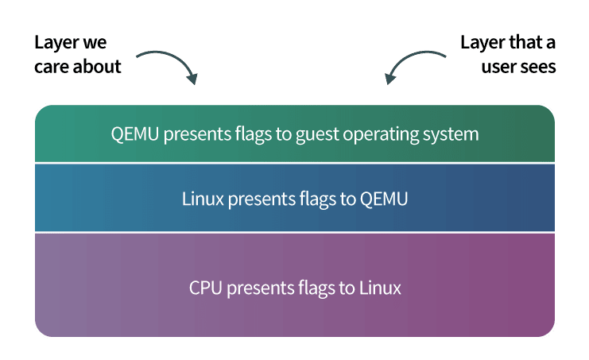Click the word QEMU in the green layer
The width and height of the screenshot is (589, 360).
point(135,134)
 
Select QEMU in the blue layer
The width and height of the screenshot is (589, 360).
point(384,199)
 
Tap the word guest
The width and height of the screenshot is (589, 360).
point(317,135)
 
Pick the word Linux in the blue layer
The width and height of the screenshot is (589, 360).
point(203,199)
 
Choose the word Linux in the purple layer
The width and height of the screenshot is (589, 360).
point(380,288)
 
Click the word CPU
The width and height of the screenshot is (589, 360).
point(205,288)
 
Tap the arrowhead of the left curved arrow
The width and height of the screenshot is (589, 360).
point(192,79)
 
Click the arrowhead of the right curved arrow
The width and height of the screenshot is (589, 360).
point(390,79)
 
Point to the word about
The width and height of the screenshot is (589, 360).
point(97,67)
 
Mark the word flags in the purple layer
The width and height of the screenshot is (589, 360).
point(316,288)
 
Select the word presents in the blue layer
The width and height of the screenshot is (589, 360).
point(262,199)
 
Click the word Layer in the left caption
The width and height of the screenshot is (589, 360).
point(56,43)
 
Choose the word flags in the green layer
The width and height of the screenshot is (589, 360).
point(254,135)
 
